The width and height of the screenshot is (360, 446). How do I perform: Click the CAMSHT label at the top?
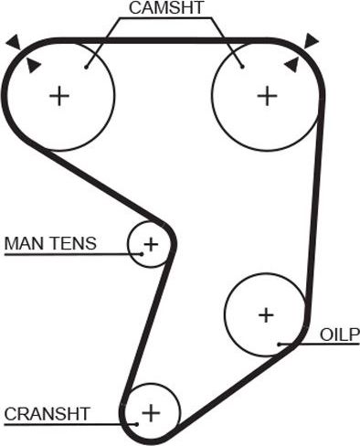(x=165, y=10)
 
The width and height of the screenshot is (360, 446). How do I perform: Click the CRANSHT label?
(x=48, y=414)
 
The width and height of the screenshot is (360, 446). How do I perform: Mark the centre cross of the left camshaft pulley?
(x=59, y=95)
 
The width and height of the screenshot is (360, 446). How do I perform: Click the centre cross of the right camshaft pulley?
(x=266, y=95)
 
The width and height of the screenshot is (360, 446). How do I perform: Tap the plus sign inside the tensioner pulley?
(x=150, y=244)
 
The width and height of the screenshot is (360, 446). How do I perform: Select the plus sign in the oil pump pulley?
(x=265, y=315)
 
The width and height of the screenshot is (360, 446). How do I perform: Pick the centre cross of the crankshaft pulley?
(x=150, y=414)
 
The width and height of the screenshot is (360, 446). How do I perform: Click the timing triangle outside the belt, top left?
(x=11, y=41)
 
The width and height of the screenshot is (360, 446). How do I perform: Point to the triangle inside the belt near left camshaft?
(x=34, y=64)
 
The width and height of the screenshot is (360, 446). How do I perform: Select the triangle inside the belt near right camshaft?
(x=291, y=64)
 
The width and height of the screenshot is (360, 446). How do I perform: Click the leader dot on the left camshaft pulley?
(x=86, y=65)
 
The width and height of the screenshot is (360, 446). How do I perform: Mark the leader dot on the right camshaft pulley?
(x=241, y=65)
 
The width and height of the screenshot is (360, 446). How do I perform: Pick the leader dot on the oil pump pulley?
(x=279, y=344)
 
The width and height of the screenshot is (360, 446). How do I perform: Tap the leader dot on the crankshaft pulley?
(x=135, y=423)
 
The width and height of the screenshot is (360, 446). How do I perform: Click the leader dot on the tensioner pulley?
(x=130, y=253)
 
